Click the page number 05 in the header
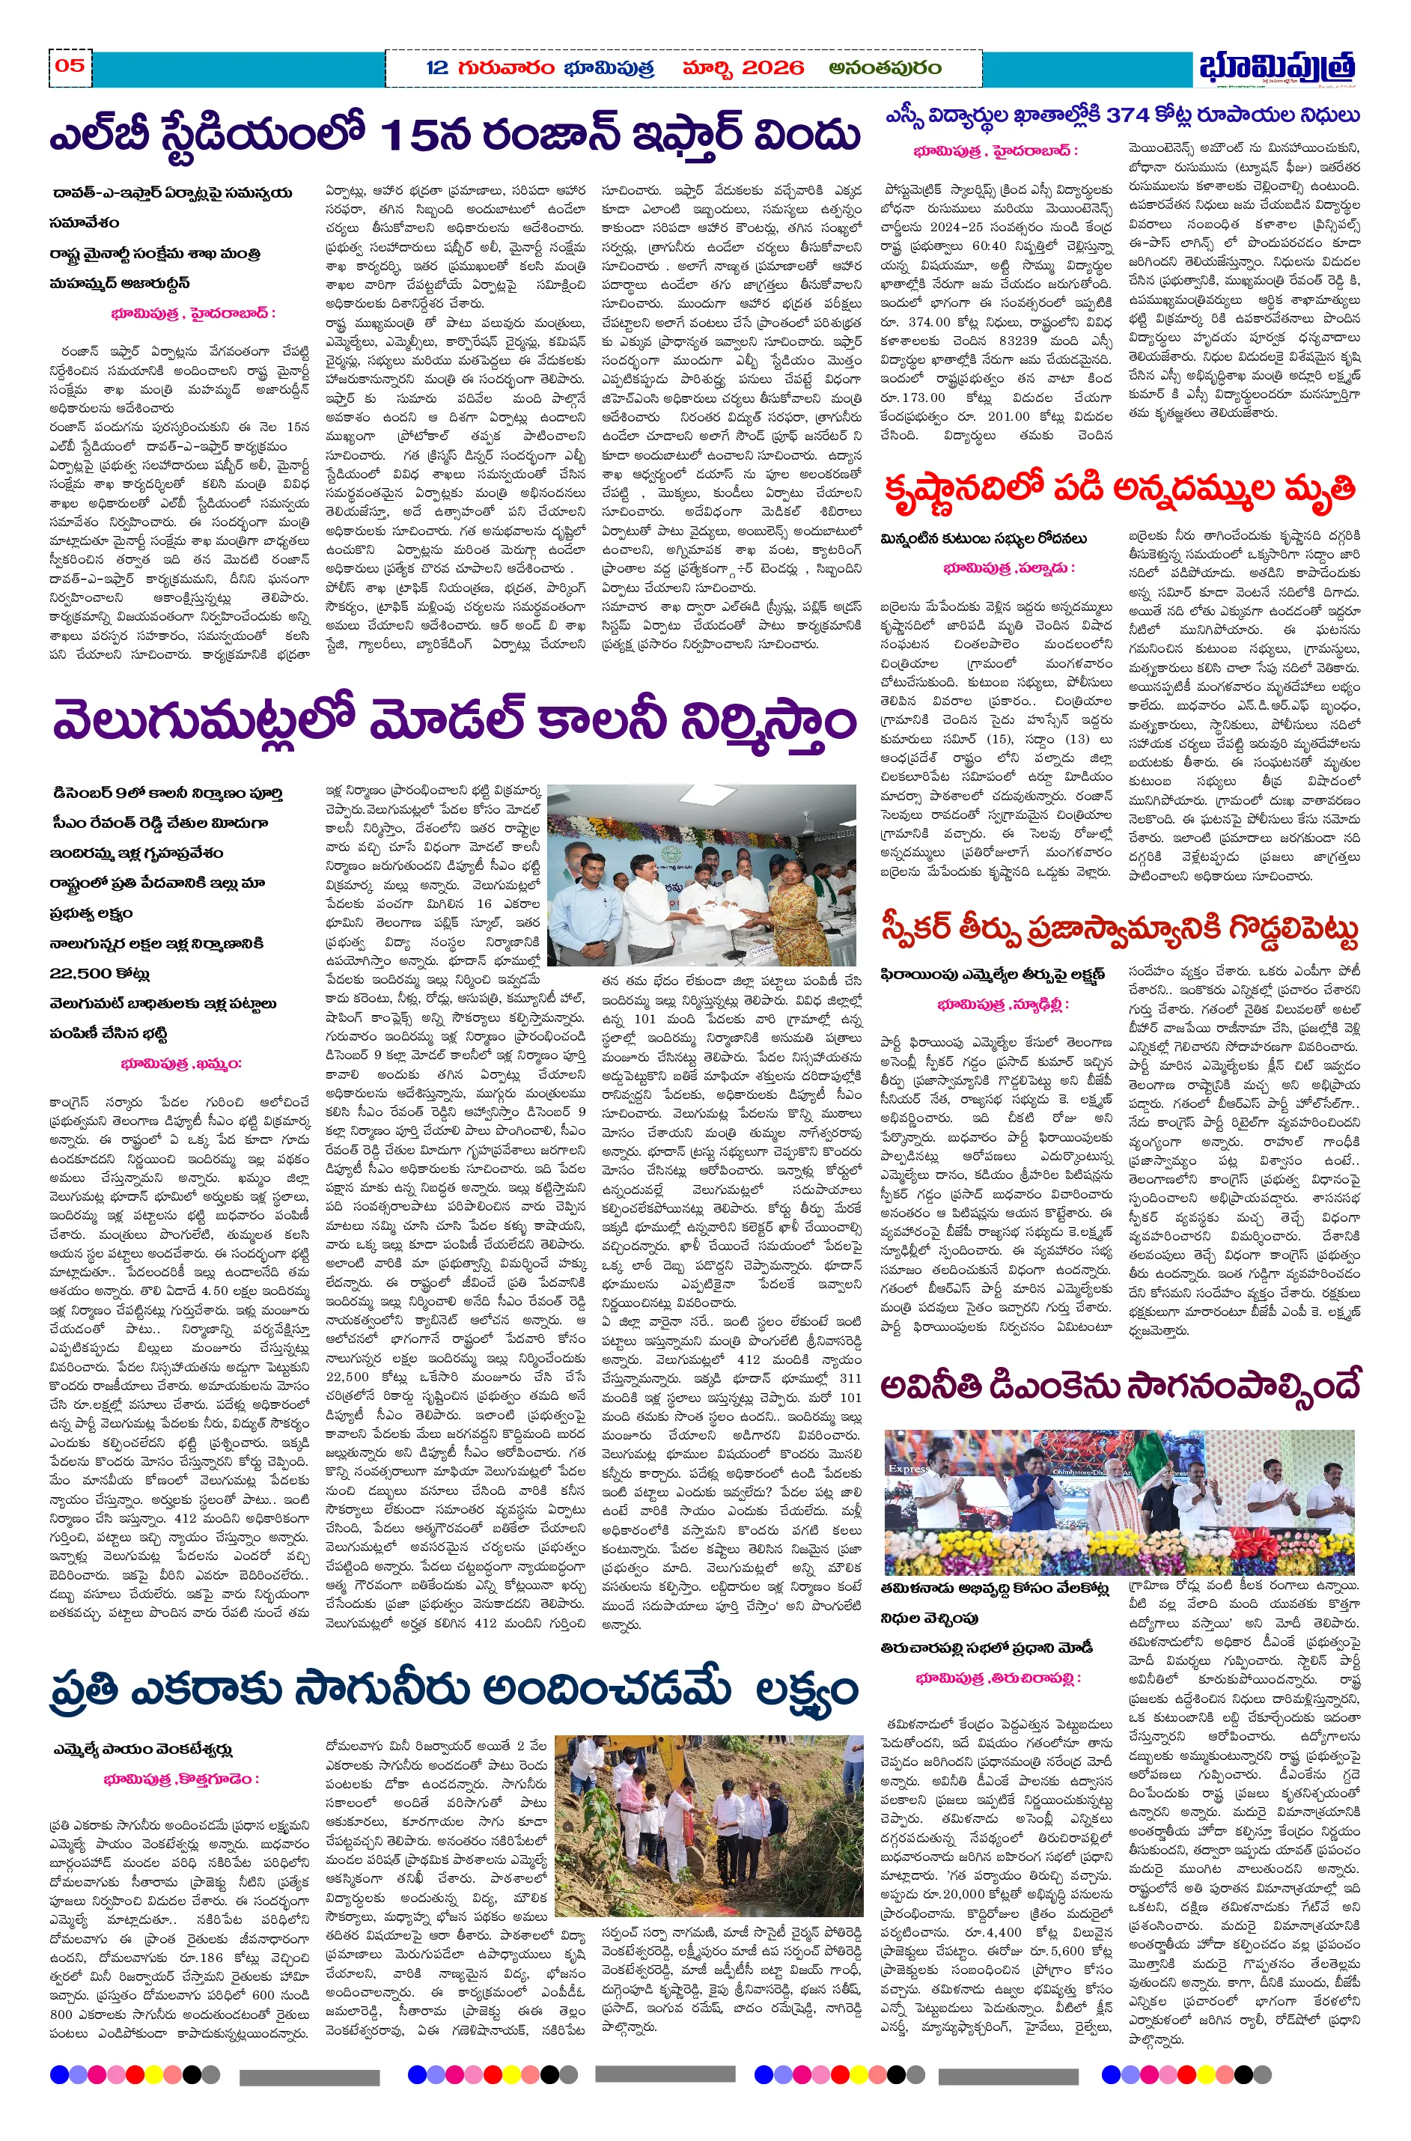(70, 66)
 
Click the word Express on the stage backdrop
(909, 1468)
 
